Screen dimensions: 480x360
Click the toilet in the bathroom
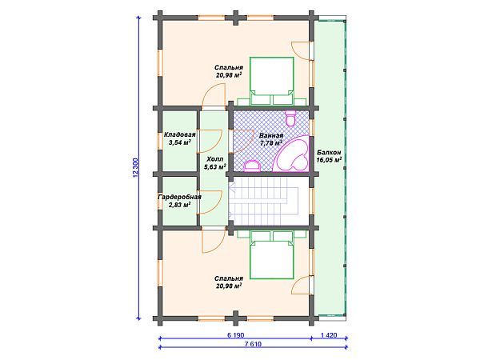point(290,118)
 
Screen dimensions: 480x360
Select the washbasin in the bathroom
point(252,166)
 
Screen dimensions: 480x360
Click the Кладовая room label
point(180,134)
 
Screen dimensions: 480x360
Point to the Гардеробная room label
point(180,197)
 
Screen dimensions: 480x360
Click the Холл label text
point(215,159)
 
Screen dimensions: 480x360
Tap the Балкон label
point(329,152)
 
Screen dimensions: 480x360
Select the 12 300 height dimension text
point(136,168)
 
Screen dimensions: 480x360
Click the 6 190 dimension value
point(236,335)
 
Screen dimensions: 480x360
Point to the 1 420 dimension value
point(329,335)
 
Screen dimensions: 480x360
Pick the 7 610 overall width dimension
point(253,344)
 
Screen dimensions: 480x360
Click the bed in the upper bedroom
point(272,81)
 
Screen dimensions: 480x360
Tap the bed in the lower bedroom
point(272,255)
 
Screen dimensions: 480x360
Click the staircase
point(263,202)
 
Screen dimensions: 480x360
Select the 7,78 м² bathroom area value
point(271,143)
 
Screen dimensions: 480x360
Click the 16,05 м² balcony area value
point(329,160)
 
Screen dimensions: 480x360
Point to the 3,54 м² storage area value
point(180,142)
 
